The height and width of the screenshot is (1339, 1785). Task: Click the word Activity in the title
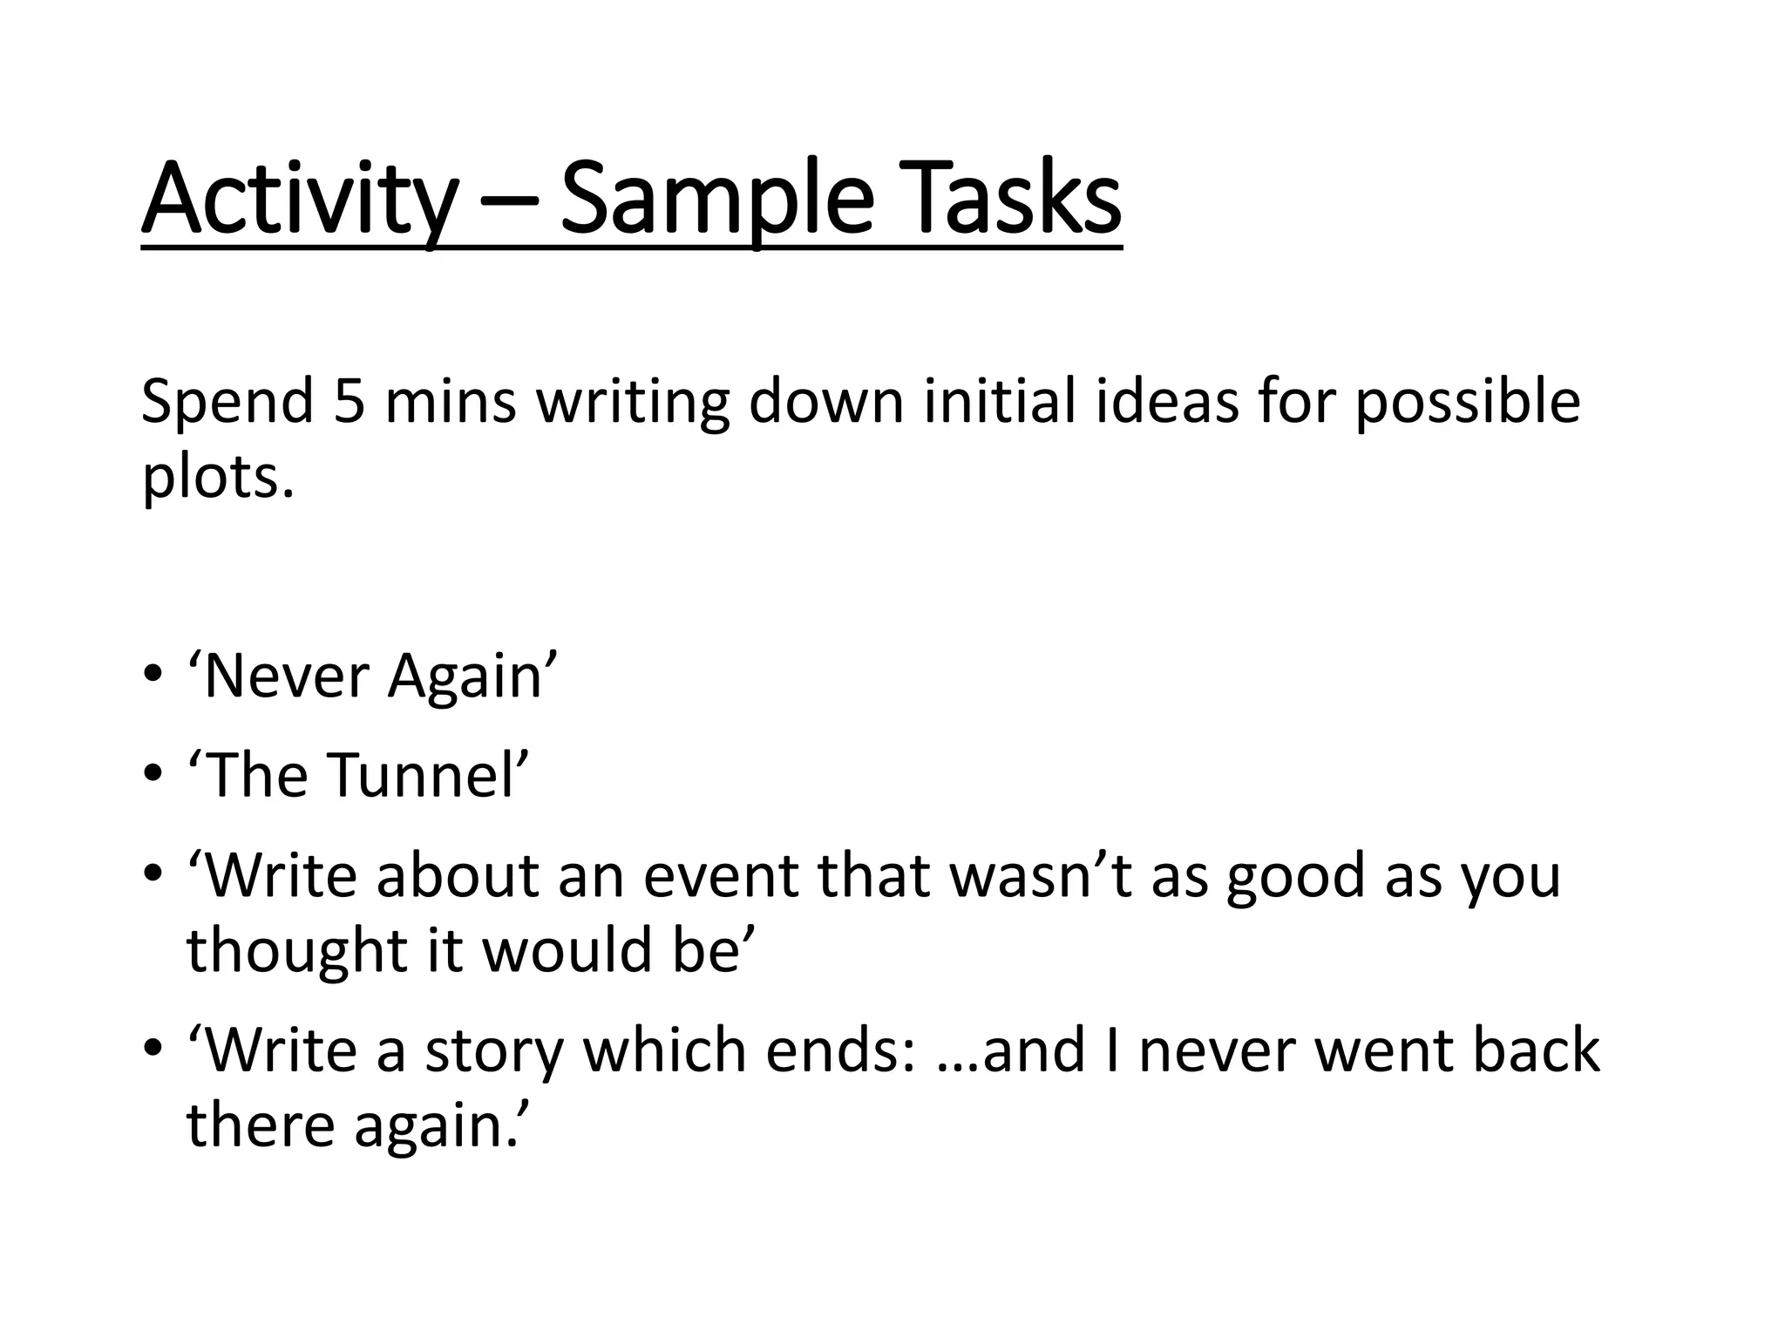[299, 202]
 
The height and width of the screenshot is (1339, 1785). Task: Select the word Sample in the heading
[716, 202]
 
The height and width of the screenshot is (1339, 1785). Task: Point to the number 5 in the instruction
[349, 402]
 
